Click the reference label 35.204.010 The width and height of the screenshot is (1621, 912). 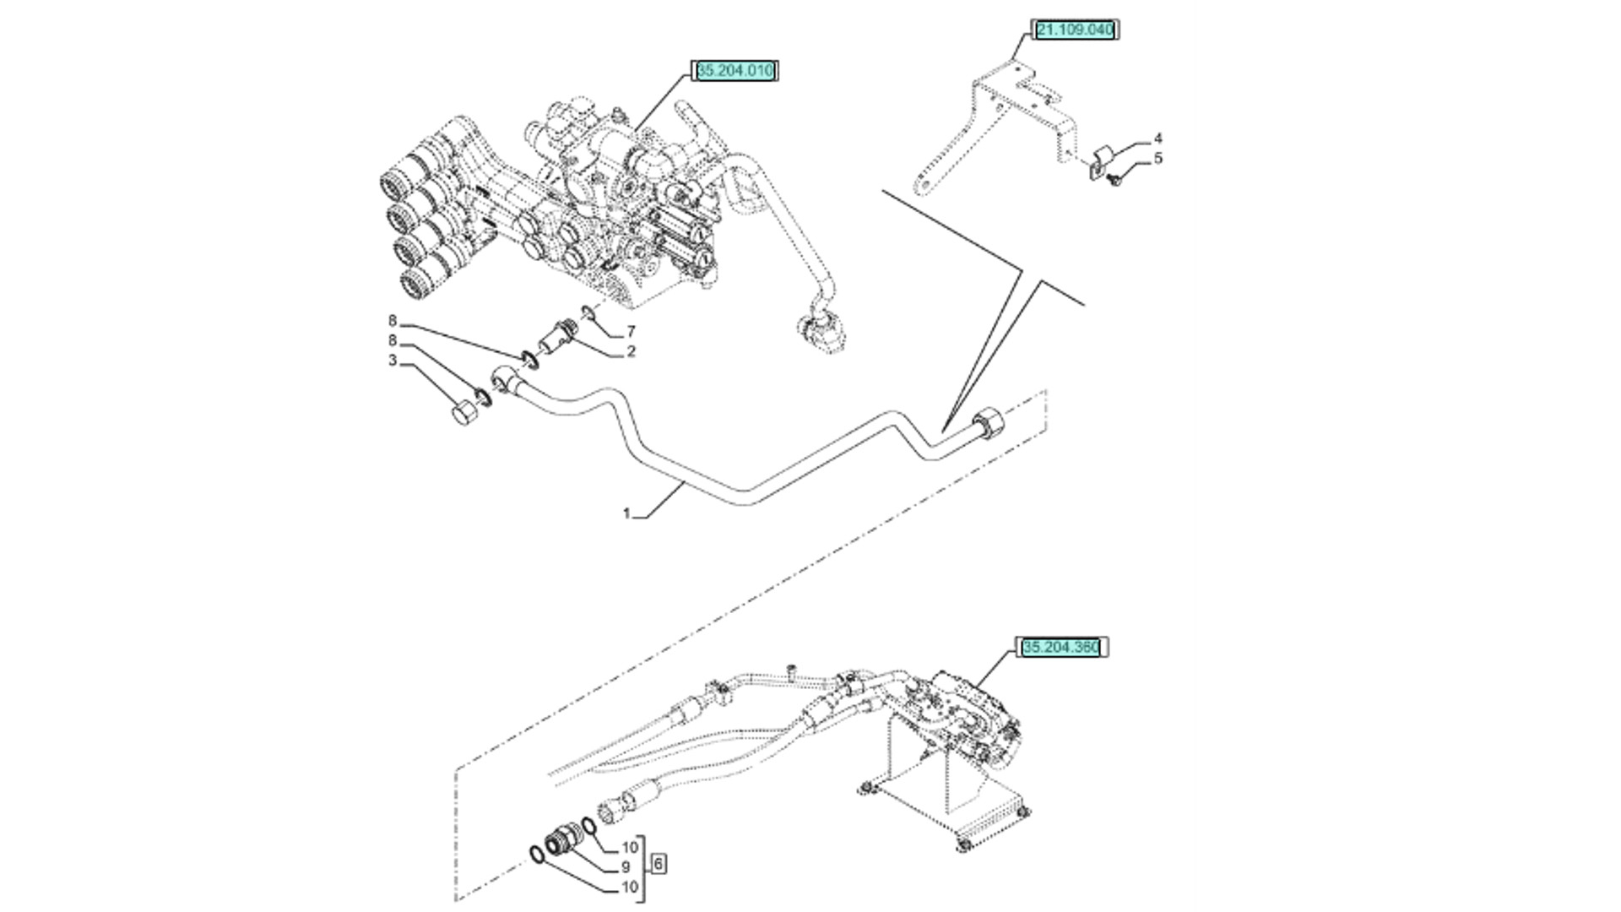pyautogui.click(x=734, y=71)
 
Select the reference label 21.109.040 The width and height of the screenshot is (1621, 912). pyautogui.click(x=1076, y=30)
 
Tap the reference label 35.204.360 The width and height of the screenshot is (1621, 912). pyautogui.click(x=1061, y=648)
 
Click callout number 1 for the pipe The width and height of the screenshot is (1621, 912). pyautogui.click(x=626, y=513)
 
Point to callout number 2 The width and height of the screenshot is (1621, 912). pyautogui.click(x=631, y=351)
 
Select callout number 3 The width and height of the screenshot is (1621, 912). pyautogui.click(x=393, y=361)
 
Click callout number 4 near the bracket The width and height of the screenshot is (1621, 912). pyautogui.click(x=1157, y=138)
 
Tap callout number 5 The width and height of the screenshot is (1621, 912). pyautogui.click(x=1157, y=158)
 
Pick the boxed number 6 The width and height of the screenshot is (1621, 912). pyautogui.click(x=659, y=864)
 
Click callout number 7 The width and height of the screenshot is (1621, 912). pyautogui.click(x=631, y=332)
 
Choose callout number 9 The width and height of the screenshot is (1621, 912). pyautogui.click(x=626, y=867)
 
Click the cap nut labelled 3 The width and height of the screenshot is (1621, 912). pyautogui.click(x=462, y=414)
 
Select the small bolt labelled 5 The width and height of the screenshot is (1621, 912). pyautogui.click(x=1115, y=180)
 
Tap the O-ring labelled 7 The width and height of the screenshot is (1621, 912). pyautogui.click(x=588, y=317)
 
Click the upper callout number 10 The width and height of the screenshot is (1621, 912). pyautogui.click(x=630, y=848)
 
